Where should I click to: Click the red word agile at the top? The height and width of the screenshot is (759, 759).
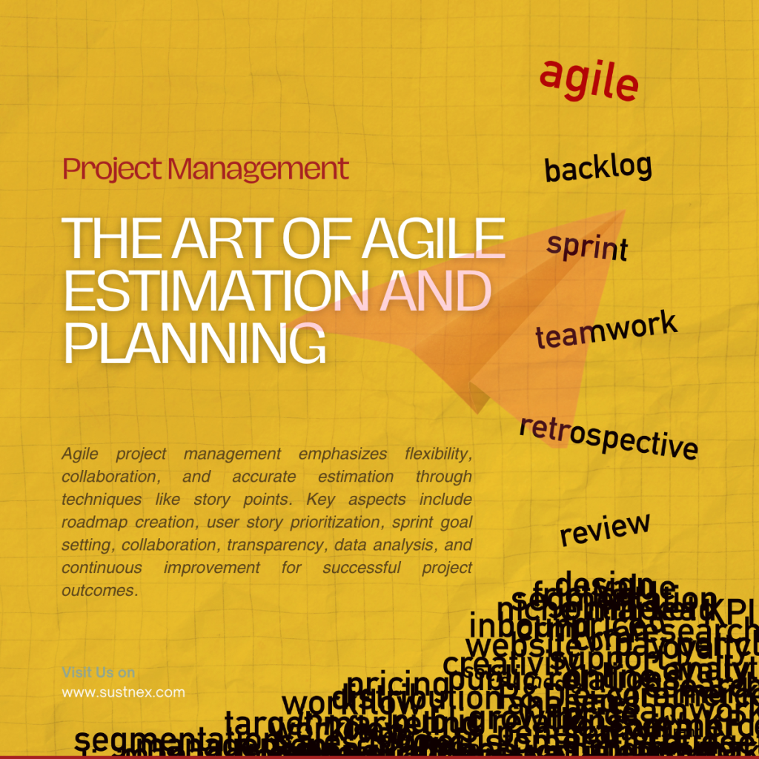coord(589,80)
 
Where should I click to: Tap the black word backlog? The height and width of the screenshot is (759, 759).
coord(597,168)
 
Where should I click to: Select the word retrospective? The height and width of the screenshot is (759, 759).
coord(608,437)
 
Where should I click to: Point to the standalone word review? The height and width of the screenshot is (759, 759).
coord(604,528)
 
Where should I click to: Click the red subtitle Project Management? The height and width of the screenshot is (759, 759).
coord(205,169)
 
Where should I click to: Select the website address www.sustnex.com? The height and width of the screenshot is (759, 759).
coord(123,692)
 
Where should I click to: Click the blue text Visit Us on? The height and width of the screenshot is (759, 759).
coord(98,672)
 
